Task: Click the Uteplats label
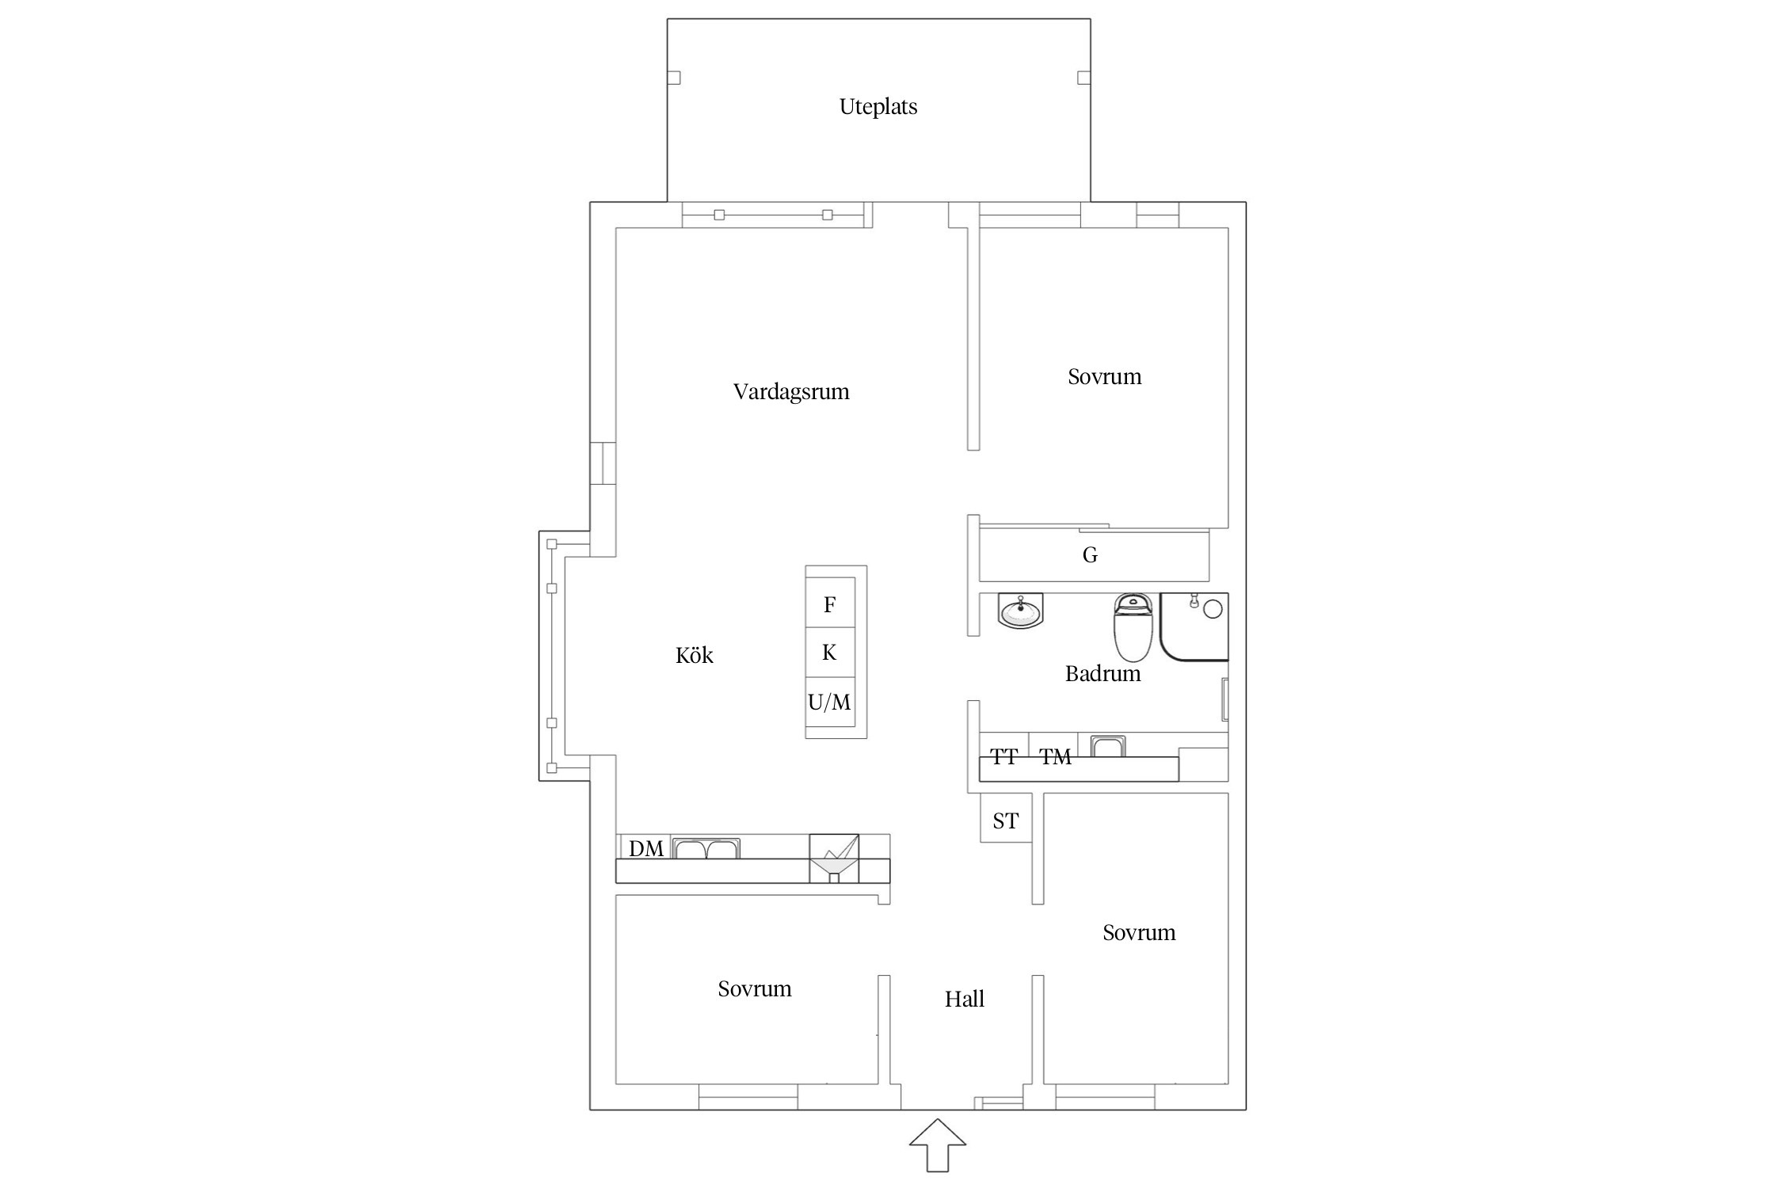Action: [x=878, y=107]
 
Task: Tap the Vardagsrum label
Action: [x=791, y=392]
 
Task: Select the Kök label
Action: [x=695, y=655]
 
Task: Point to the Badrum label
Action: [x=1102, y=674]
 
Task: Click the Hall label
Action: [x=965, y=999]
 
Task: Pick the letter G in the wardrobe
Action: [x=1091, y=555]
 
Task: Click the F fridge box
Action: [x=830, y=604]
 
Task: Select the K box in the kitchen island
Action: [x=830, y=653]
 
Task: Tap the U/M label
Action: [x=829, y=702]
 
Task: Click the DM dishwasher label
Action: [x=646, y=849]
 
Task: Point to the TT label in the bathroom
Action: [x=1004, y=757]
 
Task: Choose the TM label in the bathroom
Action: [x=1056, y=757]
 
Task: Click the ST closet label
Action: [x=1006, y=821]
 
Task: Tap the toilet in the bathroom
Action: [x=1133, y=627]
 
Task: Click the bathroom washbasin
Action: [x=1021, y=611]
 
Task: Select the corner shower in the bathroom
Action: [x=1194, y=626]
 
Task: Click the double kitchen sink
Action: [x=706, y=848]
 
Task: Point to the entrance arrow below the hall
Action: [x=938, y=1144]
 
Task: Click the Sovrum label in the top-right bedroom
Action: [x=1105, y=377]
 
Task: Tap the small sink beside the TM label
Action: [x=1108, y=747]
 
